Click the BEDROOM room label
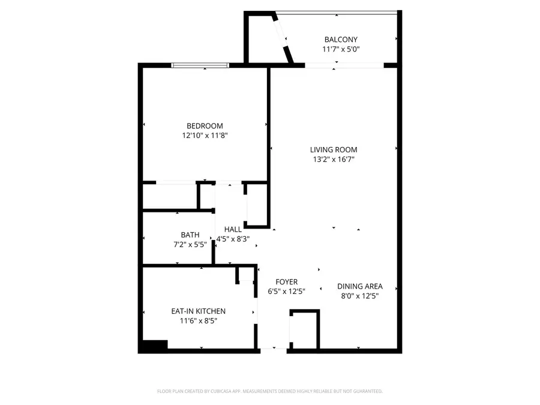click(x=205, y=126)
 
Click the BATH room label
click(x=190, y=235)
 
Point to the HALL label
click(x=233, y=229)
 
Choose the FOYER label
click(x=286, y=282)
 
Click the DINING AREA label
click(x=359, y=286)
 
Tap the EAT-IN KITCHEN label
click(x=198, y=311)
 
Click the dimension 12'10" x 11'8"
click(x=205, y=136)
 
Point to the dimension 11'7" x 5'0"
click(x=341, y=50)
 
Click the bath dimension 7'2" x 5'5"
click(x=190, y=244)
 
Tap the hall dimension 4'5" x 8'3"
click(x=237, y=239)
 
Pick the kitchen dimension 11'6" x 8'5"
click(x=198, y=320)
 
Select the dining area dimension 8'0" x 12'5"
click(x=359, y=296)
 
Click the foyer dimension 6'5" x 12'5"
click(x=286, y=292)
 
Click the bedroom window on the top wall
click(x=200, y=65)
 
